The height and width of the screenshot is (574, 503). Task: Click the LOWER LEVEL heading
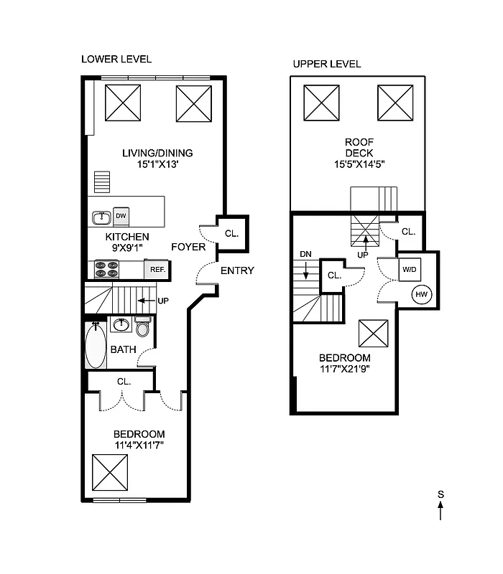[x=116, y=59]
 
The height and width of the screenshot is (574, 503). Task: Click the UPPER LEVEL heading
[x=326, y=64]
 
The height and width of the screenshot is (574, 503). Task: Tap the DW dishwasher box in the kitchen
[x=121, y=215]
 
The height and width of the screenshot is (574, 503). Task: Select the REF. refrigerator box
[x=157, y=270]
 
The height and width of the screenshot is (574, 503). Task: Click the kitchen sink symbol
[x=101, y=216]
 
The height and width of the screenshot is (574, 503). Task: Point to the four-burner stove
[x=106, y=269]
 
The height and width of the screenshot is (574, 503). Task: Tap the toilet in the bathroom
[x=142, y=329]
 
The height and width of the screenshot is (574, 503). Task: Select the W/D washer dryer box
[x=409, y=270]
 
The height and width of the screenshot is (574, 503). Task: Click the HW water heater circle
[x=420, y=293]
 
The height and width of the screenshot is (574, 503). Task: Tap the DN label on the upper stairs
[x=305, y=253]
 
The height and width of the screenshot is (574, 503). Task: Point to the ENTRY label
[x=236, y=270]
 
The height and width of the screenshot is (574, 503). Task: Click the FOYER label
[x=188, y=247]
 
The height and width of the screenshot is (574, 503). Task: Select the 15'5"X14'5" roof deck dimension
[x=359, y=163]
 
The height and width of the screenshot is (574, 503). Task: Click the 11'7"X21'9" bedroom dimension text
[x=345, y=370]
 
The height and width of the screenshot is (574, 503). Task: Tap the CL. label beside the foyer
[x=231, y=233]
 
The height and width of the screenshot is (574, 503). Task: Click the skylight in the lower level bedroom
[x=110, y=470]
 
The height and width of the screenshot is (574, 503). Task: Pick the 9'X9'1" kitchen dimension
[x=127, y=248]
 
